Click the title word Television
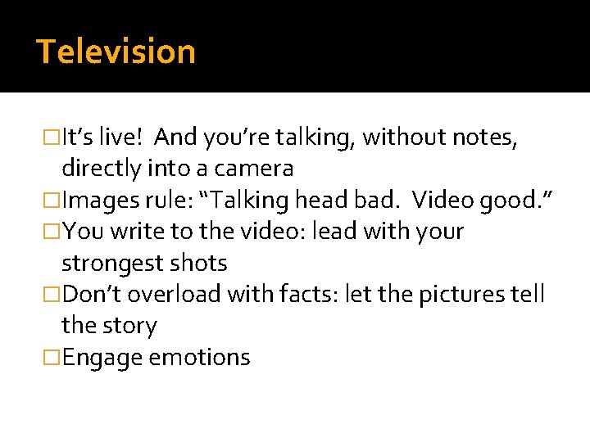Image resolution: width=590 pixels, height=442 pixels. pyautogui.click(x=116, y=52)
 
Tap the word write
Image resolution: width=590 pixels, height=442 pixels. pyautogui.click(x=134, y=232)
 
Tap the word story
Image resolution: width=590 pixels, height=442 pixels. pyautogui.click(x=131, y=326)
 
